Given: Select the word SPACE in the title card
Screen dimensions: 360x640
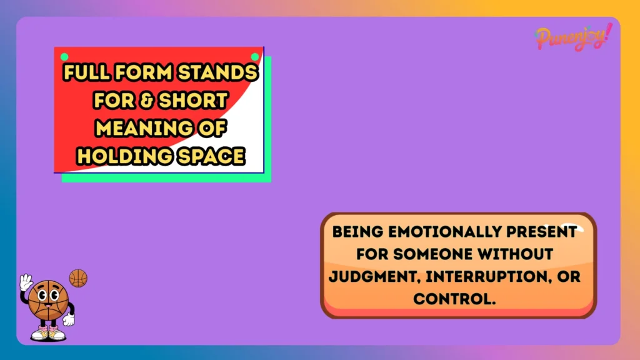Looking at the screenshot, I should pyautogui.click(x=210, y=156).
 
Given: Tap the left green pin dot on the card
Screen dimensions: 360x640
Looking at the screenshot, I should pyautogui.click(x=64, y=57).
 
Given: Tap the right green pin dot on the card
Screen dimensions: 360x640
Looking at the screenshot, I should pyautogui.click(x=255, y=57).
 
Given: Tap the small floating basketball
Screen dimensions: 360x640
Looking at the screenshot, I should pyautogui.click(x=78, y=278).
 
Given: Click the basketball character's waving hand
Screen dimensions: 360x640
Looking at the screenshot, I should pyautogui.click(x=26, y=282).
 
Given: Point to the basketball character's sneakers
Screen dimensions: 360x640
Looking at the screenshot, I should pyautogui.click(x=48, y=333).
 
